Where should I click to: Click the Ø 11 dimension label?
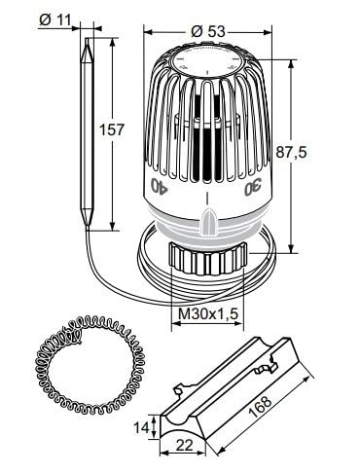point(54,20)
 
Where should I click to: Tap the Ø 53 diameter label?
point(207,31)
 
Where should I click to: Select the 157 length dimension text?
point(112,129)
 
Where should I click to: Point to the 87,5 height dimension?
point(291,152)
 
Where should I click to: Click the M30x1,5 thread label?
point(208,313)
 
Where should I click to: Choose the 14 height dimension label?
point(142,428)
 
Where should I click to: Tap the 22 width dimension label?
point(184,445)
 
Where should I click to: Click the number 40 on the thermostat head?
point(159,186)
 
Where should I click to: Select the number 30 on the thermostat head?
point(253,187)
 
